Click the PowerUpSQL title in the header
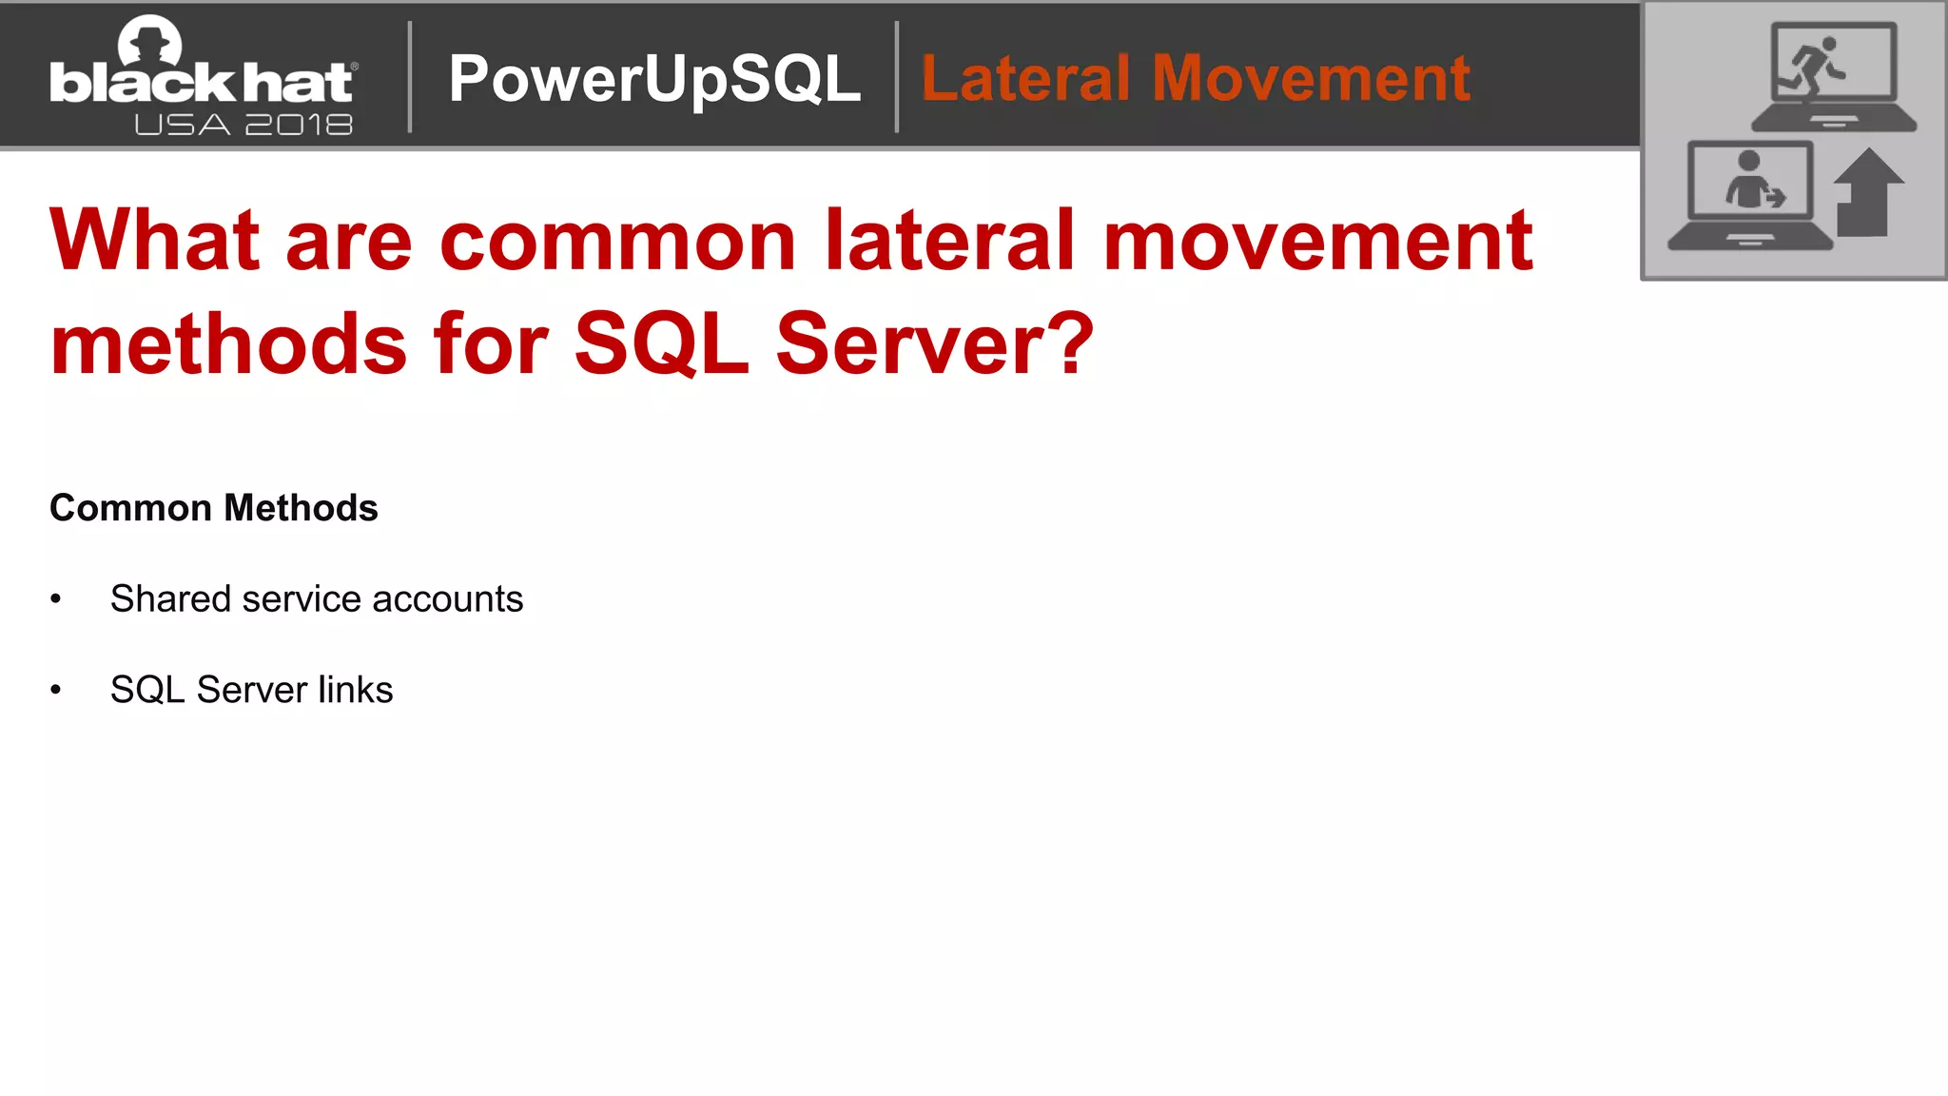[x=654, y=80]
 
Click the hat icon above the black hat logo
[x=149, y=40]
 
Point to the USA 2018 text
[x=243, y=125]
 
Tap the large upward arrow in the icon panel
[x=1867, y=191]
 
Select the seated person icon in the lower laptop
[x=1750, y=181]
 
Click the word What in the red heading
[x=154, y=240]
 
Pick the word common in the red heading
[x=617, y=242]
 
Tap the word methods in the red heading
[x=228, y=343]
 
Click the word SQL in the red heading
[x=661, y=344]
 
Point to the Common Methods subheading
[x=214, y=508]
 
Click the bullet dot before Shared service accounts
[x=56, y=599]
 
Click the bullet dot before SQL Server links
[x=56, y=690]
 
